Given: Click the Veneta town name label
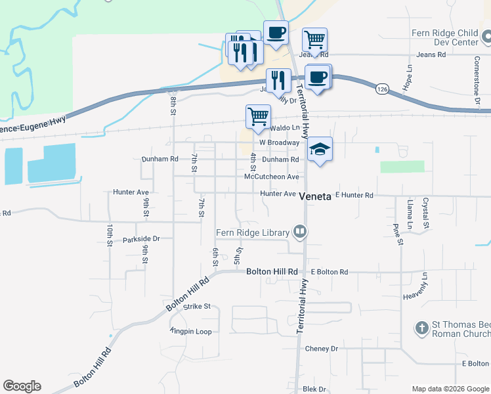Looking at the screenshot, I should [315, 196].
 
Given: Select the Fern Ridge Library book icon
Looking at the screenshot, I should [300, 231].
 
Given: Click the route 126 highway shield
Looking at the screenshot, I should [382, 87].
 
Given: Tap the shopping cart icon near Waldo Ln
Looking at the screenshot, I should [258, 116].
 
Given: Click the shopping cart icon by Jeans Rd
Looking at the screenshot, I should [314, 39].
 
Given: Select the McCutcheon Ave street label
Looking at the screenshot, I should [271, 177].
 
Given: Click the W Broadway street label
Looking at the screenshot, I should [279, 142].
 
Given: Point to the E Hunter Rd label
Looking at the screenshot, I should [354, 195].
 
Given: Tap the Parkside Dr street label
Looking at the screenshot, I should [141, 240].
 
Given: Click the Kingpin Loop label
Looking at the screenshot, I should [191, 332].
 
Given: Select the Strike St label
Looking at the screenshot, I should [197, 306].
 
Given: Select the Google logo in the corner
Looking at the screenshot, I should [22, 386].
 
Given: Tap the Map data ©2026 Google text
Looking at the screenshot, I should [450, 389].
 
